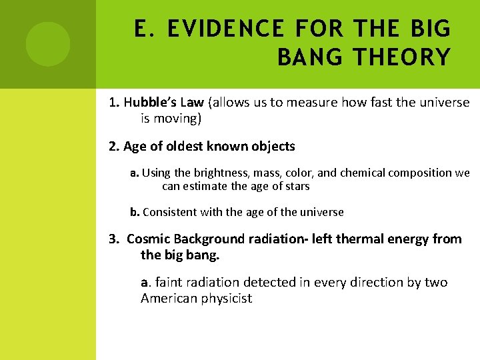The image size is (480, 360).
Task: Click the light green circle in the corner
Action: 48,44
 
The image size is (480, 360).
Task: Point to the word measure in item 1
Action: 316,103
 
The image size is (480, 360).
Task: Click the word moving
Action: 177,119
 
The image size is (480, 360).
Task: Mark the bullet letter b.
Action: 135,212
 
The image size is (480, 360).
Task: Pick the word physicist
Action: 227,298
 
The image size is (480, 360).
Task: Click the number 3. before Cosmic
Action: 113,239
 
